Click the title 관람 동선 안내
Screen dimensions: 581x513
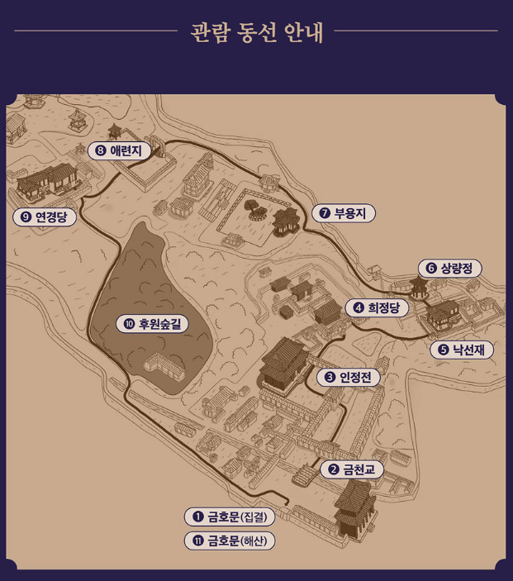pos(256,32)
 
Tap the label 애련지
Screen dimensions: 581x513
pos(118,150)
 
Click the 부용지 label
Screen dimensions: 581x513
pos(344,213)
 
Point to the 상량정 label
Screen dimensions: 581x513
pos(450,269)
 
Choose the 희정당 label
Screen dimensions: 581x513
pos(376,308)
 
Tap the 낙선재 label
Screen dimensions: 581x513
pos(462,350)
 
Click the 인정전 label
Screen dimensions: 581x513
pos(349,377)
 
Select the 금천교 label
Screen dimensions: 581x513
pos(352,469)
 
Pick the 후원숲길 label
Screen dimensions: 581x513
pos(153,323)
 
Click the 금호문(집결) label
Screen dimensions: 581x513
pos(230,517)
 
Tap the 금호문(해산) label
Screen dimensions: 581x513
pos(230,541)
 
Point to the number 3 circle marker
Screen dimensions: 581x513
pos(330,377)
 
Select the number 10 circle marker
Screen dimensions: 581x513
pos(129,323)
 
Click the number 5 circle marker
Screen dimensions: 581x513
pos(444,350)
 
